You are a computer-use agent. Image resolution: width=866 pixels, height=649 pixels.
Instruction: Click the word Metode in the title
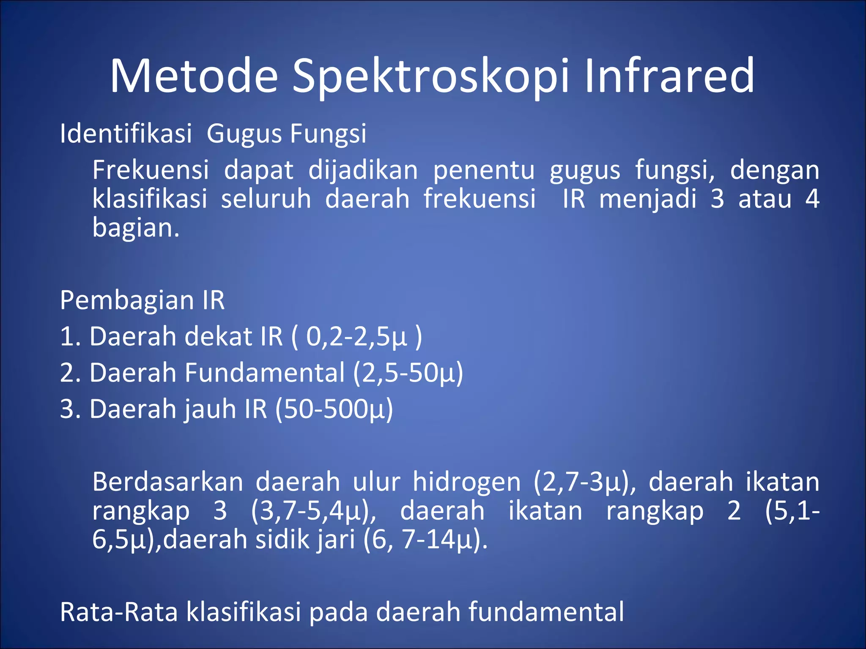194,76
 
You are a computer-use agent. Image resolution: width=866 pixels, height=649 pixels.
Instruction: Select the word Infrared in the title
669,76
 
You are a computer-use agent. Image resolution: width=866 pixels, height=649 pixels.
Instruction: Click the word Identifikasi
126,134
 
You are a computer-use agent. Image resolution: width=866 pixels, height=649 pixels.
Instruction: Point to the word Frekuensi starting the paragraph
151,170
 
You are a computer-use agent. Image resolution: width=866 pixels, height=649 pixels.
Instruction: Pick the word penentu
484,171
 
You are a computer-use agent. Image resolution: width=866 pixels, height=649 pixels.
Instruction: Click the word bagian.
135,228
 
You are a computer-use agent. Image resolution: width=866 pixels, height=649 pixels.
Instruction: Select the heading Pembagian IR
142,300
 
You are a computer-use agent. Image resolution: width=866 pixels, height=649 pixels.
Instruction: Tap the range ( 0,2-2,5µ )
356,337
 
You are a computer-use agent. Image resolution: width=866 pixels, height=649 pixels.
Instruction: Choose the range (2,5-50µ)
408,373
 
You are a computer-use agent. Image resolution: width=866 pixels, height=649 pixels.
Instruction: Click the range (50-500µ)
334,409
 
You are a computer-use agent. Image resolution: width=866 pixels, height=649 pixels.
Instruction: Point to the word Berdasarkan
168,482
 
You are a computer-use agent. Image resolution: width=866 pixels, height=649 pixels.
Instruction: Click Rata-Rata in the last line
119,612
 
